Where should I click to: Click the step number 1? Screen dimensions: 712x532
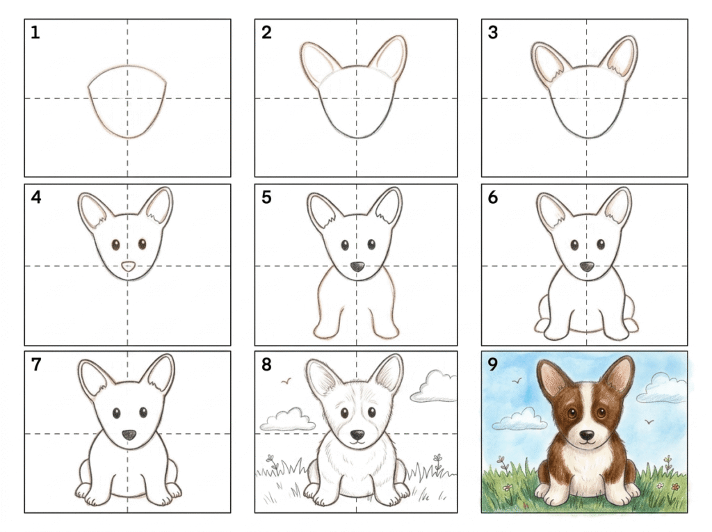pyautogui.click(x=35, y=32)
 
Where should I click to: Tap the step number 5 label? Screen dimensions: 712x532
pyautogui.click(x=266, y=198)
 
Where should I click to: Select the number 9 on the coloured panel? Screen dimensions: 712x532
pyautogui.click(x=493, y=364)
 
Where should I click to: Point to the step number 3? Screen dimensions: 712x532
pyautogui.click(x=493, y=32)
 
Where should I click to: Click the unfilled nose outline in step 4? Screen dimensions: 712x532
pyautogui.click(x=129, y=266)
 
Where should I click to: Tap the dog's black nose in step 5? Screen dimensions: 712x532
pyautogui.click(x=357, y=266)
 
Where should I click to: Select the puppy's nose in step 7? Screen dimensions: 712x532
pyautogui.click(x=129, y=435)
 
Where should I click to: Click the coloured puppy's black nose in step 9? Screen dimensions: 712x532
pyautogui.click(x=587, y=435)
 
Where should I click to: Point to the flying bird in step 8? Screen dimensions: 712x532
pyautogui.click(x=286, y=382)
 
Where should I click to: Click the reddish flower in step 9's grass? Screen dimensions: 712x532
pyautogui.click(x=676, y=487)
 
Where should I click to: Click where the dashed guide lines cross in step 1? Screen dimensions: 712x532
pyautogui.click(x=128, y=98)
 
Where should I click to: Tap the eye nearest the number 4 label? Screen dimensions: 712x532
pyautogui.click(x=115, y=245)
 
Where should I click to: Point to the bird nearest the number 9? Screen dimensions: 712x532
pyautogui.click(x=517, y=380)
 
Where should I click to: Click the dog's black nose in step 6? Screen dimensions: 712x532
pyautogui.click(x=587, y=266)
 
